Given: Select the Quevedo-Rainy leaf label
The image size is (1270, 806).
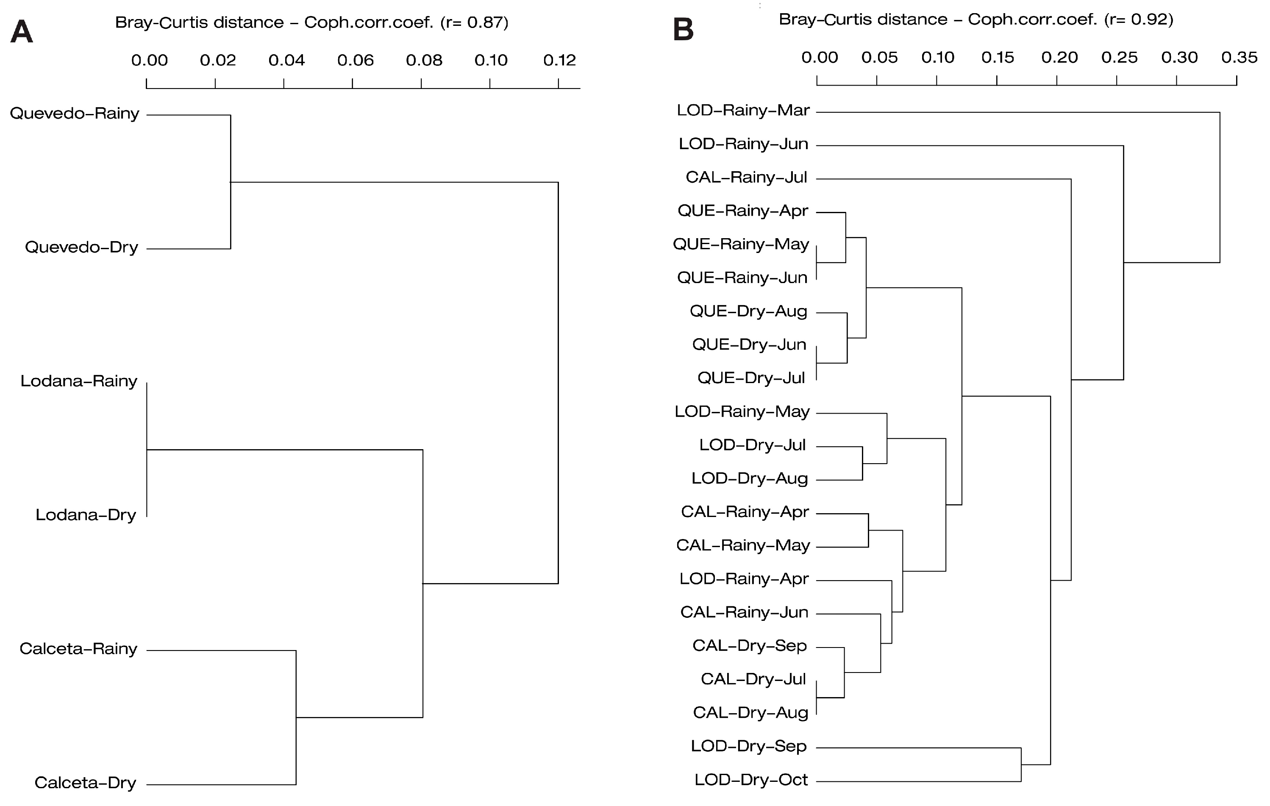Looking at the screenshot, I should click(x=74, y=114).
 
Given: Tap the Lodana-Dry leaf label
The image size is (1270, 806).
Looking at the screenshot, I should click(x=86, y=515).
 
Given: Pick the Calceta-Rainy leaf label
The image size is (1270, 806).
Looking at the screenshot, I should click(x=78, y=649).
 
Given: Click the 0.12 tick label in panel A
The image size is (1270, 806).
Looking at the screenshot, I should click(x=560, y=60).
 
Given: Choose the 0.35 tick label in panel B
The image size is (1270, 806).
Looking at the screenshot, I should click(x=1239, y=57).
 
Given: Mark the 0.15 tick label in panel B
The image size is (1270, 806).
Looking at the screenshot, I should click(x=998, y=57).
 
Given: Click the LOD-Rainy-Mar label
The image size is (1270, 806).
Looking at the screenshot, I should click(x=743, y=110).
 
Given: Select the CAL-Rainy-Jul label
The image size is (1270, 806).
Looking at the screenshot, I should click(x=746, y=177).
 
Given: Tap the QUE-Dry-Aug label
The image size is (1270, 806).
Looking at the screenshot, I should click(x=748, y=311).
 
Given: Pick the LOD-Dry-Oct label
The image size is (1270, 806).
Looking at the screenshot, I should click(x=751, y=780).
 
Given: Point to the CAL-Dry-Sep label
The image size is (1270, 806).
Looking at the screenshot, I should click(x=750, y=646).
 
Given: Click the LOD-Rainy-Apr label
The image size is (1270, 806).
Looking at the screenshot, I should click(x=744, y=579).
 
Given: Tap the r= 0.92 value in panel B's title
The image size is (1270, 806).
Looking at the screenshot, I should click(x=1139, y=19).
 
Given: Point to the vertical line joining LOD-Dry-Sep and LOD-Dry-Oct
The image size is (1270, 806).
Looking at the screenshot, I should click(x=1021, y=765).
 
